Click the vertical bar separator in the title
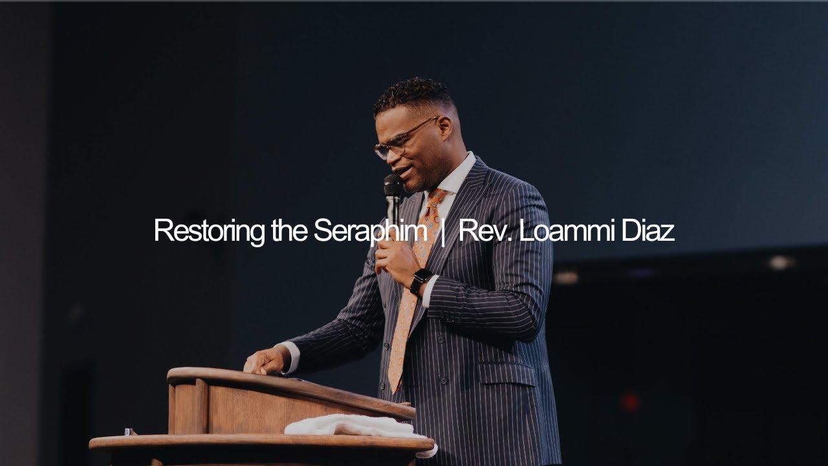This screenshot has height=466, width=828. pos(442,232)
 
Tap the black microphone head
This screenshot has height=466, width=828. pos(393,185)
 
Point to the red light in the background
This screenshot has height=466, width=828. pos(629,402)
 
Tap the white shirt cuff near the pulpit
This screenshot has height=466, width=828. pos(293,358)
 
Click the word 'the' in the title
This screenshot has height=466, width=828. pos(291,231)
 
